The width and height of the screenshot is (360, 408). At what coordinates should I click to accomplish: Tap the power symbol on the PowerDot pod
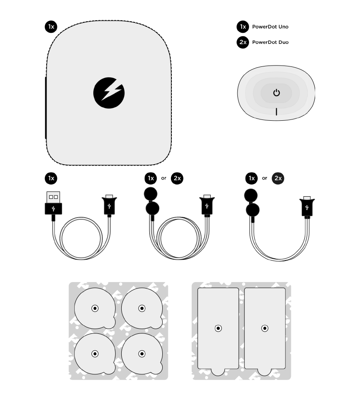click(x=276, y=93)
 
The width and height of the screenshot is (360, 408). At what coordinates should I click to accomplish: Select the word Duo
click(x=283, y=42)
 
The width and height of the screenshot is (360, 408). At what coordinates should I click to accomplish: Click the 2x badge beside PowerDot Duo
click(x=243, y=42)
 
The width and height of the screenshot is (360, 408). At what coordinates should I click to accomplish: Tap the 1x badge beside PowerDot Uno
click(x=243, y=27)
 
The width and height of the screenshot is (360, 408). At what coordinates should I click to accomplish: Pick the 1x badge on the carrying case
click(x=51, y=27)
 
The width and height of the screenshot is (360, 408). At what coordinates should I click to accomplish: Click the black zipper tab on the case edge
click(x=46, y=108)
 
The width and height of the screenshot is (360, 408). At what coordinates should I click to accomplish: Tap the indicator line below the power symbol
click(x=276, y=112)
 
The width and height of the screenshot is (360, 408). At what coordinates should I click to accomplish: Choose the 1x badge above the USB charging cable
click(x=51, y=178)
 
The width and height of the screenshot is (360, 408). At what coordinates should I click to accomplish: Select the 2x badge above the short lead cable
click(x=278, y=178)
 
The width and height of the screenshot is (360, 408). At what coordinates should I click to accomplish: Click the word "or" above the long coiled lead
click(x=164, y=178)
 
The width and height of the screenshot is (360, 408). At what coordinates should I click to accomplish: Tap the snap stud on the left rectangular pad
click(x=218, y=329)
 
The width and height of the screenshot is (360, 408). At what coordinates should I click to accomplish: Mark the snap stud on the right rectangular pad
click(x=265, y=329)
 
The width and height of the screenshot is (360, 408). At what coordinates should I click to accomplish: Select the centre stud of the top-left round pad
click(x=95, y=308)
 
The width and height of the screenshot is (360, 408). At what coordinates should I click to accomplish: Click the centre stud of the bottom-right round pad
click(x=142, y=354)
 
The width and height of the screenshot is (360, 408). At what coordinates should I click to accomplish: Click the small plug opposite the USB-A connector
click(x=109, y=205)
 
